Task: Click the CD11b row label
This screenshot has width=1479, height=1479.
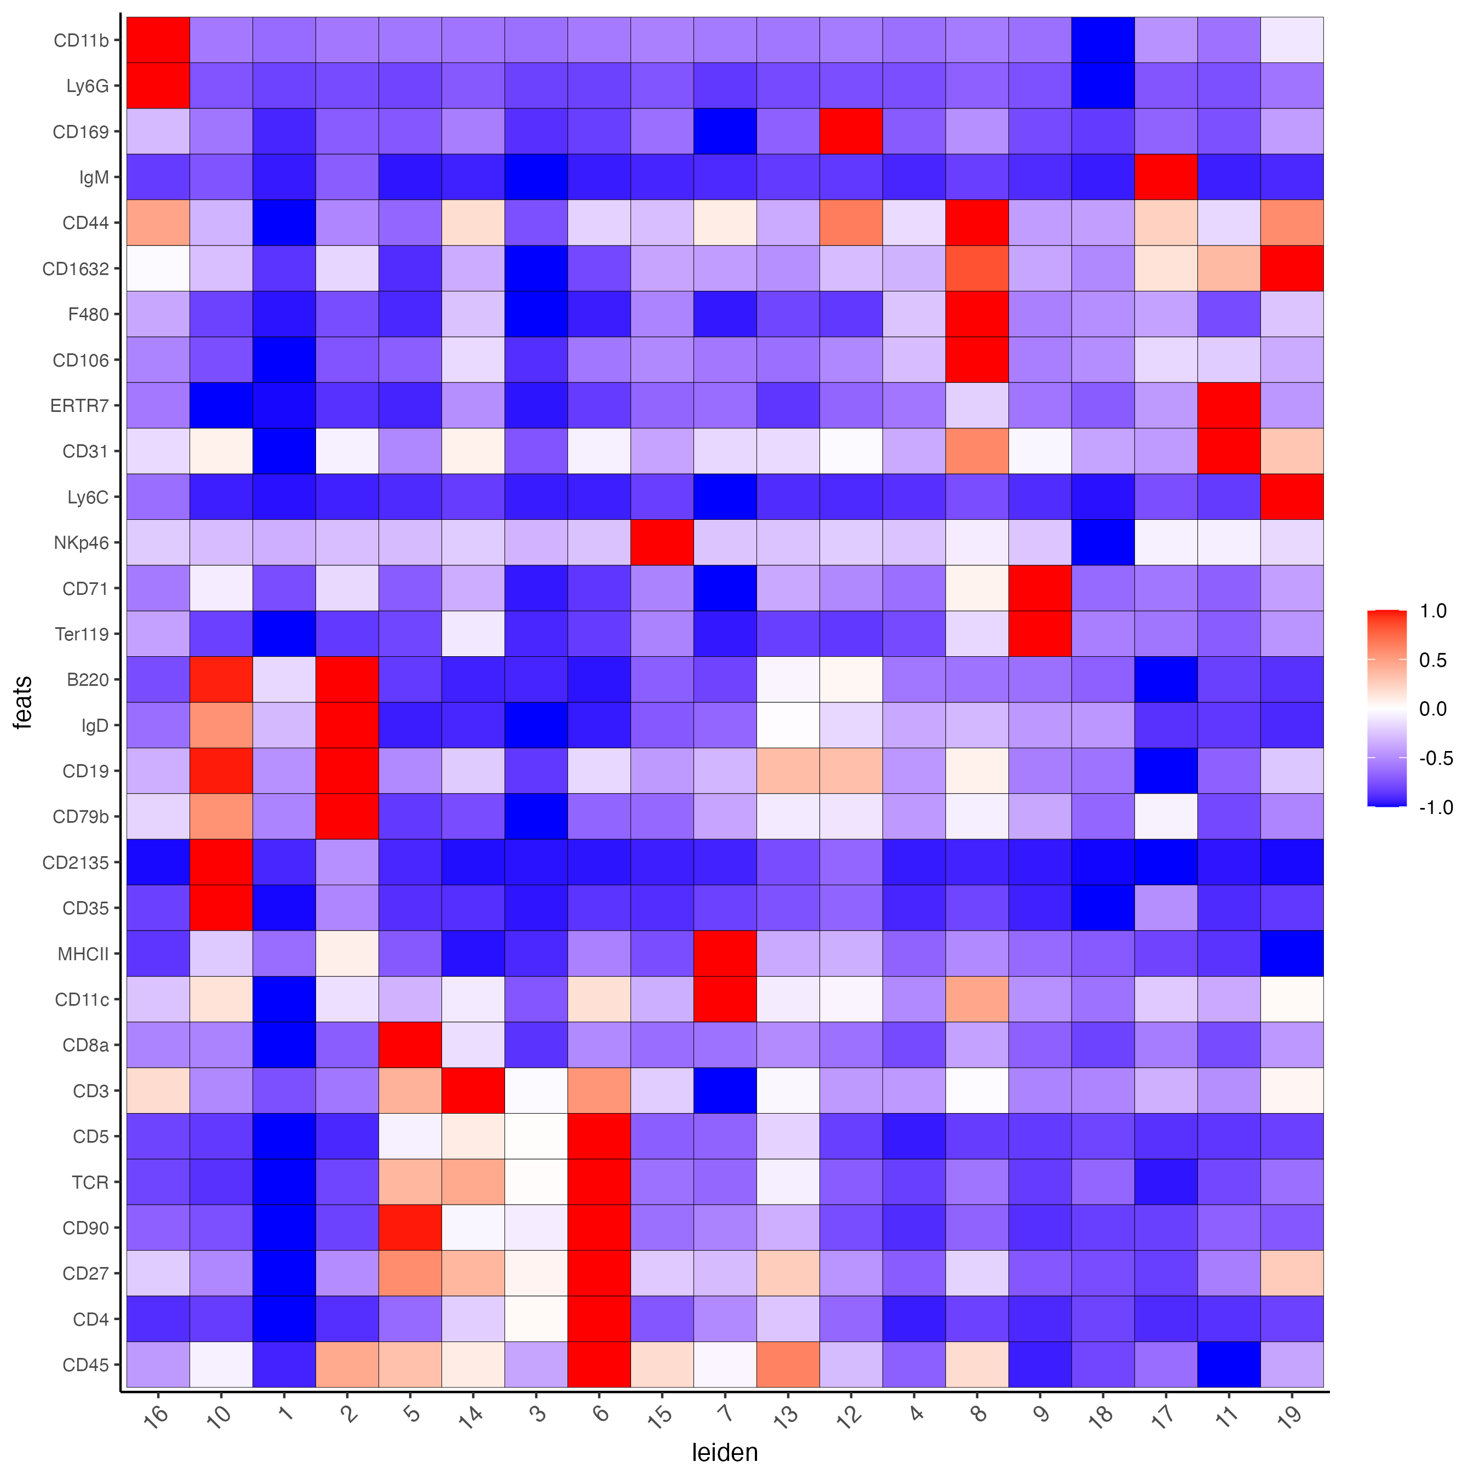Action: click(81, 41)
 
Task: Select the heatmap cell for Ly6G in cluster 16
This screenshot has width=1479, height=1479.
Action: click(158, 86)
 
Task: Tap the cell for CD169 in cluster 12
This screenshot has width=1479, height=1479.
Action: click(851, 131)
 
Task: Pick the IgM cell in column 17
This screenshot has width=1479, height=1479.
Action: click(1166, 177)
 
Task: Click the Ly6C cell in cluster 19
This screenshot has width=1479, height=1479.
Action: click(1292, 497)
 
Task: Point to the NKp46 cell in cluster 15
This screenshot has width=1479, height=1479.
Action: click(661, 542)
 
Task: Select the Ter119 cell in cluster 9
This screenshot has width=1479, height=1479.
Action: click(1040, 634)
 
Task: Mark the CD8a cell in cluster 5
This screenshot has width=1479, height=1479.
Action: click(410, 1045)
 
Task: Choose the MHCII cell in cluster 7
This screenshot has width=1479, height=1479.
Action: click(725, 953)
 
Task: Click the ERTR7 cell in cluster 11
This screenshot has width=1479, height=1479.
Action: click(1229, 405)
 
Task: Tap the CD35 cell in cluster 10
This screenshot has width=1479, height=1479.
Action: click(220, 908)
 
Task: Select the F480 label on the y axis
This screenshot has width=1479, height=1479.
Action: click(89, 314)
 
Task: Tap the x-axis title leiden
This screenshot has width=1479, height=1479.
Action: click(724, 1452)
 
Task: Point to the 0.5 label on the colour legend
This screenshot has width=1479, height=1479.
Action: click(1432, 660)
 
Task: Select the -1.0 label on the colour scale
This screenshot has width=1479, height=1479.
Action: click(1435, 807)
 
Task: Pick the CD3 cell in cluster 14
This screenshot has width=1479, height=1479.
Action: click(472, 1090)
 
